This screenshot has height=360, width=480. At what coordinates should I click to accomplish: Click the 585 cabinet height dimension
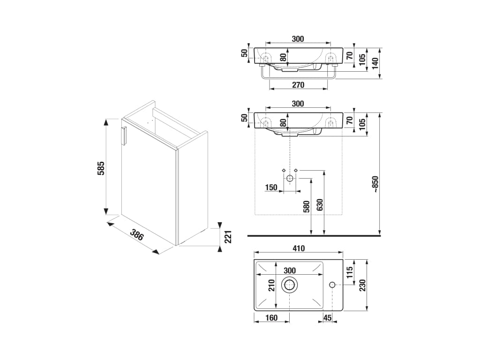click(101, 168)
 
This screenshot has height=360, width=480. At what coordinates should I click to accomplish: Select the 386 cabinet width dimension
click(137, 235)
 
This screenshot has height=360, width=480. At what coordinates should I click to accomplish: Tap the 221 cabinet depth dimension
click(228, 237)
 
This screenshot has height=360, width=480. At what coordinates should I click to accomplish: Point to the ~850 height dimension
click(375, 184)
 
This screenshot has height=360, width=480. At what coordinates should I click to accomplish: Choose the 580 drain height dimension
click(307, 207)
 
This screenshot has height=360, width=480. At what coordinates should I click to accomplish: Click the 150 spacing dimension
click(271, 187)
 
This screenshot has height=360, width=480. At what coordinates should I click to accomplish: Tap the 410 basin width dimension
click(299, 248)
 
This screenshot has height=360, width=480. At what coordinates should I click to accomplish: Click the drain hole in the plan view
click(289, 285)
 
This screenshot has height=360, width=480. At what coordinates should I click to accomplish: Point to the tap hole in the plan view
click(332, 285)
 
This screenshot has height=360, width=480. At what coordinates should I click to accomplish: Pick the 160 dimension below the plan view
click(271, 318)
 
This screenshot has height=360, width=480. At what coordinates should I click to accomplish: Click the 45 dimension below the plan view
click(327, 318)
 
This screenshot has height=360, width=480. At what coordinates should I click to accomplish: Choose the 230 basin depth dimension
click(362, 285)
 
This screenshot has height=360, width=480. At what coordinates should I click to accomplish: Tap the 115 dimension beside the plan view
click(350, 272)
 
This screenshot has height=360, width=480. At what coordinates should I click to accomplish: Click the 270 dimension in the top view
click(298, 84)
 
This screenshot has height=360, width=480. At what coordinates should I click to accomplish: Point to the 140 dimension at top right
click(375, 63)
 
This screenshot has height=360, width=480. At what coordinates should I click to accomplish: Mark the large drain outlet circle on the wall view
click(290, 179)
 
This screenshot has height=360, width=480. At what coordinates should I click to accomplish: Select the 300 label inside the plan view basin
click(290, 270)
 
